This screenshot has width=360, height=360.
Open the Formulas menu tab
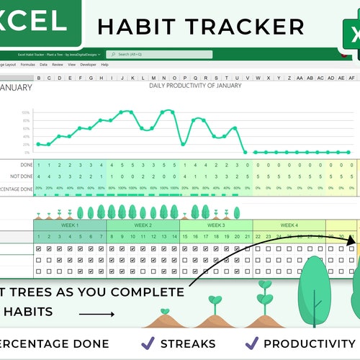coord(27,65)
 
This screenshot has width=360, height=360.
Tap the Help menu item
coord(105,65)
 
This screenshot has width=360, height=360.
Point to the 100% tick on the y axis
coord(25,113)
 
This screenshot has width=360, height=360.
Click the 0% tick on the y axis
coord(26,153)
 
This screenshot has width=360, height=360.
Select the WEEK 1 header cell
coord(69,225)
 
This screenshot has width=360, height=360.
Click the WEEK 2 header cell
coord(143,225)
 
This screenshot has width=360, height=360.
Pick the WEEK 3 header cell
coord(216,225)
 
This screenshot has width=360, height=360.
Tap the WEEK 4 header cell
coord(289,225)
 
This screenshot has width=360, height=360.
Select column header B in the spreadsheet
coord(38,78)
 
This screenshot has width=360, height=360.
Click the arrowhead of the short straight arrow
coord(112,314)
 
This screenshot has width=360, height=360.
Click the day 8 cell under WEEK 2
coord(112,237)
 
